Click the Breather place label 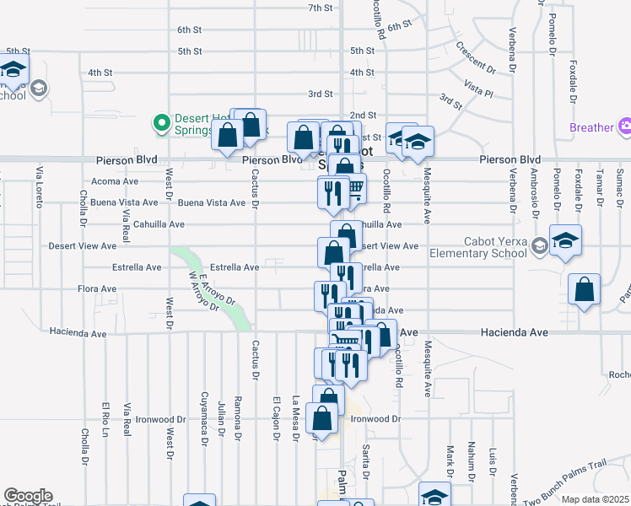coord(591,127)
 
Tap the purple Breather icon coord(625,127)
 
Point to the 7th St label coord(321,8)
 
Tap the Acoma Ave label coord(115,181)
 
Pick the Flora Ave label coord(97,288)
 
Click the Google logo coord(28,497)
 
